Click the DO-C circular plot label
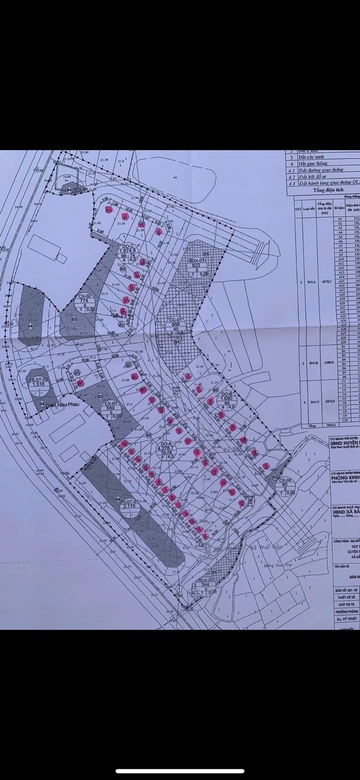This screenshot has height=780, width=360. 127,253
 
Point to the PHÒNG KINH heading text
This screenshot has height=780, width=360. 345,477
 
